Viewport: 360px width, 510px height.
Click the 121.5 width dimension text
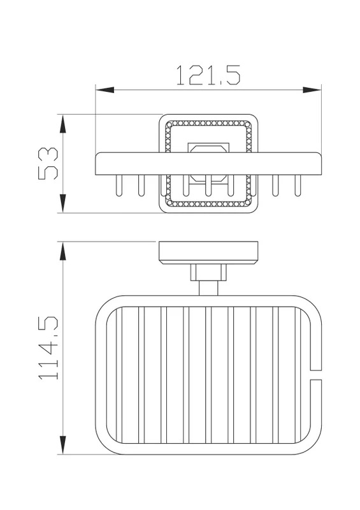[208, 75]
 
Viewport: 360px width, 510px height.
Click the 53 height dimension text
[48, 164]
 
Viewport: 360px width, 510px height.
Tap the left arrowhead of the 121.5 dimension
[104, 90]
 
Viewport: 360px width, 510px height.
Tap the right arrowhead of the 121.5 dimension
[312, 90]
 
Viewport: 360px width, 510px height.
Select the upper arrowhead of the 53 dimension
[63, 124]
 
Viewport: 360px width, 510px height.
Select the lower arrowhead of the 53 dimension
[63, 203]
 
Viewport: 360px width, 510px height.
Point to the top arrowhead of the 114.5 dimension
[63, 251]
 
